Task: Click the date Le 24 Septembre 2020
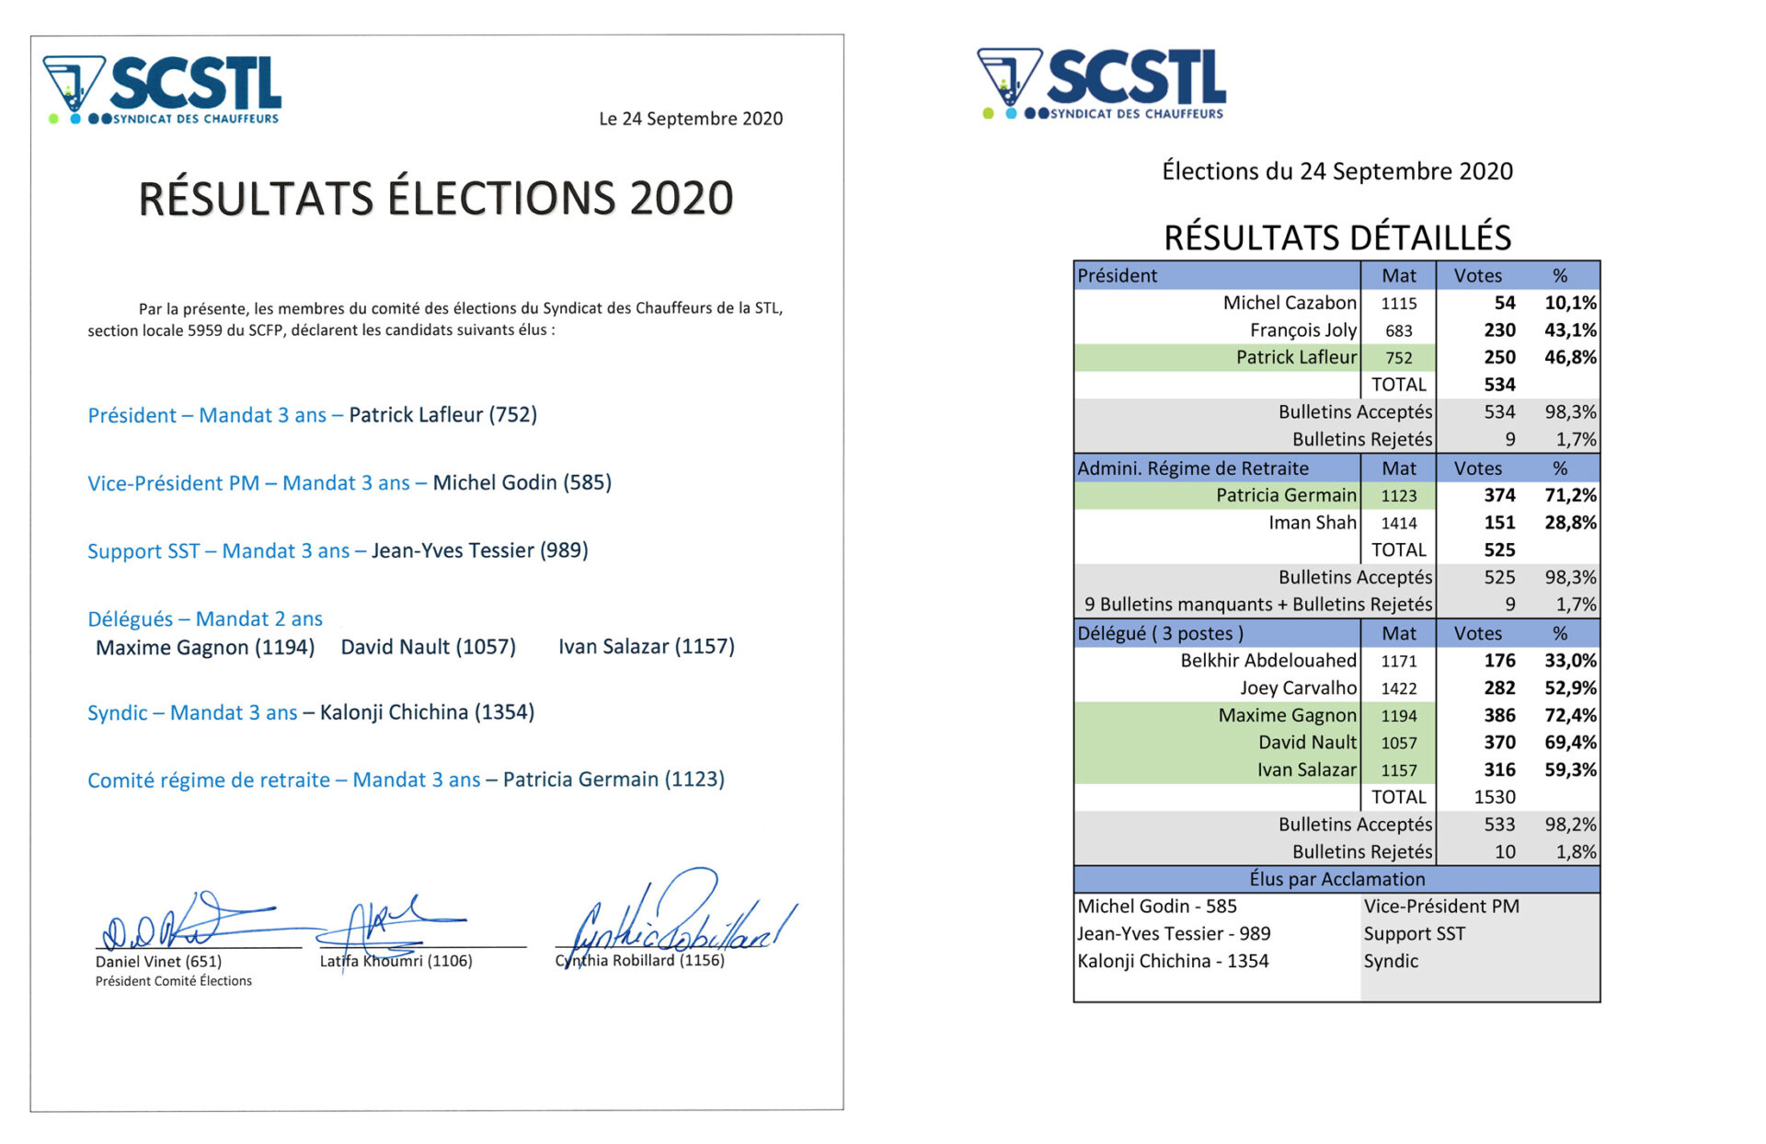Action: (690, 119)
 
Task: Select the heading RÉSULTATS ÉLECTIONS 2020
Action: (435, 199)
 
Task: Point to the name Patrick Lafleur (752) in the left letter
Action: (442, 415)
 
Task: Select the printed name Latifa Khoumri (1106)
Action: (396, 961)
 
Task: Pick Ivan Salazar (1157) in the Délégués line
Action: (646, 647)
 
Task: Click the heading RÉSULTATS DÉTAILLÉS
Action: (1336, 237)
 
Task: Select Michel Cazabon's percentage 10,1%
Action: (1569, 303)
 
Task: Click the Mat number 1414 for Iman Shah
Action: (1398, 523)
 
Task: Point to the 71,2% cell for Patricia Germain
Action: (1569, 495)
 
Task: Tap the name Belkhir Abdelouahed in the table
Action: (1267, 661)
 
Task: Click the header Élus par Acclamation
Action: (1336, 879)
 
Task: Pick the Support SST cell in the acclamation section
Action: (1414, 933)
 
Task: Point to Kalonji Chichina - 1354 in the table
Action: (1173, 961)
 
